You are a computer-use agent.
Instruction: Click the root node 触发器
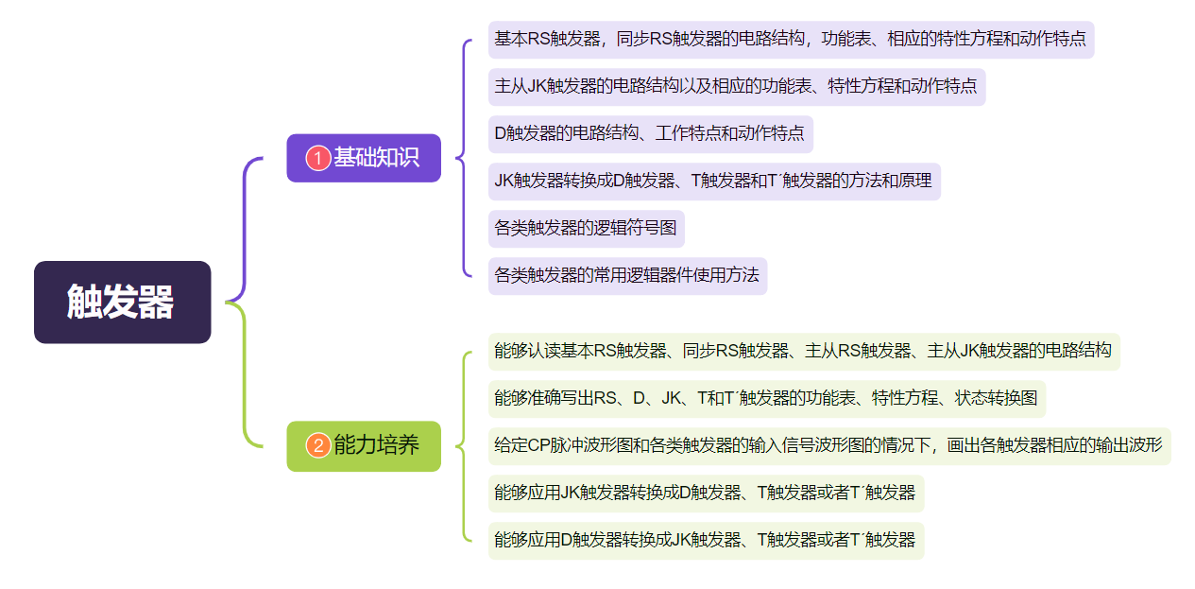click(122, 302)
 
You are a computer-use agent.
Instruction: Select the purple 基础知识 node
click(364, 158)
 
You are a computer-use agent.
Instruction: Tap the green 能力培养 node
click(364, 445)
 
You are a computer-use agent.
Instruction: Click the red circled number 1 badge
click(318, 158)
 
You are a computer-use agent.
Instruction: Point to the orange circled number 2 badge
click(318, 445)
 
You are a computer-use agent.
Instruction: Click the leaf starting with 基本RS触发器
click(790, 40)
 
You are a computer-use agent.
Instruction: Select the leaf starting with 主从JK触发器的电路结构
click(736, 87)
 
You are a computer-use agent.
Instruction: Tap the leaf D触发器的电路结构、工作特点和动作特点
click(650, 134)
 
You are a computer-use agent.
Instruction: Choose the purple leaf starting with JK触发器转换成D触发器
click(714, 182)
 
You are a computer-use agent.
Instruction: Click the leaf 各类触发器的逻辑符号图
click(586, 229)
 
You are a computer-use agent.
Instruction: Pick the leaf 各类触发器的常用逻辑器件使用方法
click(626, 276)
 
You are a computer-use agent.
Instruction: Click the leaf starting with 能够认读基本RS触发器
click(803, 351)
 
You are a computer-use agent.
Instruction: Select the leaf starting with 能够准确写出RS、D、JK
click(766, 398)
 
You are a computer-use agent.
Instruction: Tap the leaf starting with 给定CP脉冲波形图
click(828, 445)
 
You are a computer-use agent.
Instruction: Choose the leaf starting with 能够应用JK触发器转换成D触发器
click(705, 493)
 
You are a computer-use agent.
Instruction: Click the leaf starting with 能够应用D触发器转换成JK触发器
click(705, 541)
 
